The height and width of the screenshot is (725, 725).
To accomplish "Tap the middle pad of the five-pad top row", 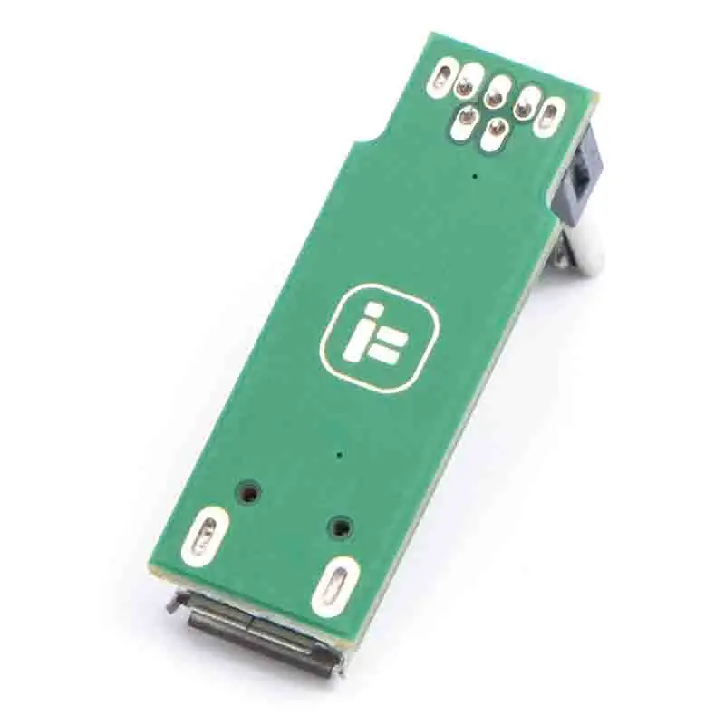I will (498, 92).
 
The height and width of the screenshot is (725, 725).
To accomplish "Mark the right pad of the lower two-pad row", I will (494, 135).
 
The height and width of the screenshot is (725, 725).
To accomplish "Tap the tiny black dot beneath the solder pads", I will (475, 173).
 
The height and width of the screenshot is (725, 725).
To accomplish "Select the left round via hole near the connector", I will (247, 493).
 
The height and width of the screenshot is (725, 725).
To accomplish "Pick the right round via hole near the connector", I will (340, 526).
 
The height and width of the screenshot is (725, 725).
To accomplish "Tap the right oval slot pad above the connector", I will (331, 585).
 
